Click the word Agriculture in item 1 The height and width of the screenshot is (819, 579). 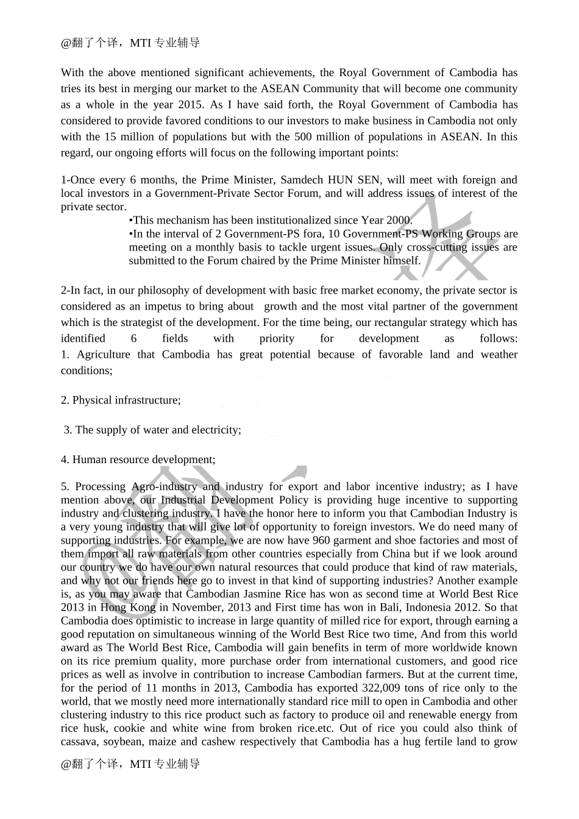pyautogui.click(x=104, y=355)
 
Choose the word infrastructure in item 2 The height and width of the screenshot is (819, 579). pyautogui.click(x=143, y=400)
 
